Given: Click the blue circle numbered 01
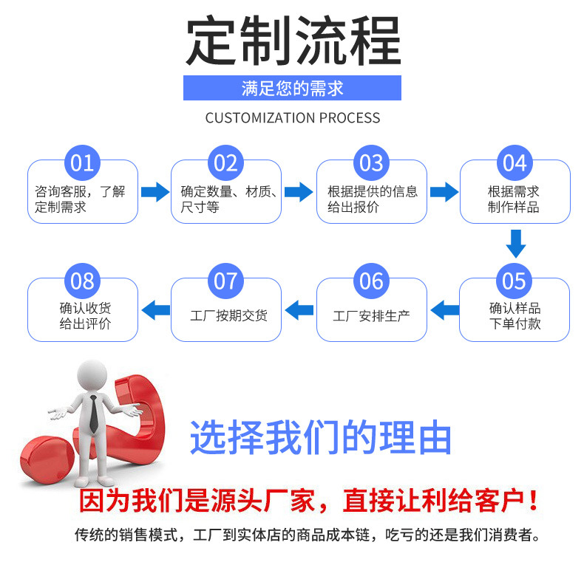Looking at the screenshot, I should click(82, 162).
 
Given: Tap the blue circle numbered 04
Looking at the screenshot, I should click(515, 162).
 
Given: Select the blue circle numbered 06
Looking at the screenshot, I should click(371, 281).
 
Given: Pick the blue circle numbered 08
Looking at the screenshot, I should click(82, 281).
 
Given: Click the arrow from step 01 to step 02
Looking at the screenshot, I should click(155, 193).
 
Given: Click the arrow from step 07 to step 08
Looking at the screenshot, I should click(155, 309).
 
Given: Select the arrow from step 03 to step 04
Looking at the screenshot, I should click(444, 193).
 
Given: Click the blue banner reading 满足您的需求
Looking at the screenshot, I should click(292, 89).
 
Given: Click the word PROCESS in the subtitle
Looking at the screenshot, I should click(349, 118).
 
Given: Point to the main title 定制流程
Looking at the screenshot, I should click(292, 41).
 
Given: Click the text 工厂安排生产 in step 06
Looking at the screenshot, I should click(371, 316).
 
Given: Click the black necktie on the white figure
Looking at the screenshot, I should click(95, 414).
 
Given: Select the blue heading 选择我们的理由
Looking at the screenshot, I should click(320, 438).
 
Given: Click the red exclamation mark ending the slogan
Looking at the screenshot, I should click(534, 503).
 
